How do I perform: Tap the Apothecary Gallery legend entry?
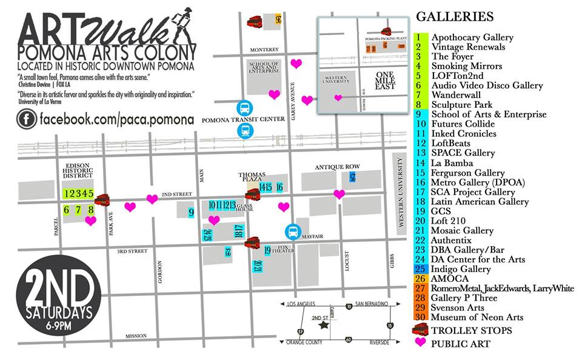click(473, 37)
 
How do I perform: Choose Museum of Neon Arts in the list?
click(477, 317)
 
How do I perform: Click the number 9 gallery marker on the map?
click(191, 212)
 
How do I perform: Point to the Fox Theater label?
click(284, 249)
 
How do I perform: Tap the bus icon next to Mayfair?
click(293, 232)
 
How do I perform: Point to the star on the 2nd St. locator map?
click(325, 325)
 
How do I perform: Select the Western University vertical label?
click(400, 191)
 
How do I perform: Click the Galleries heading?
click(454, 17)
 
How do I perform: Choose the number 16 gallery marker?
click(279, 187)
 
